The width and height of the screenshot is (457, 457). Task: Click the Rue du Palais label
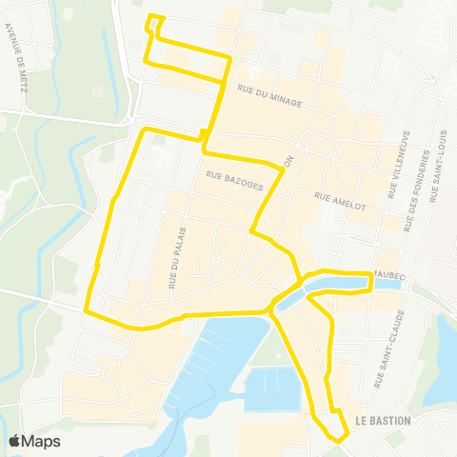click(176, 257)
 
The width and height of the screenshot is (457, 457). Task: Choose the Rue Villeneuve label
click(398, 164)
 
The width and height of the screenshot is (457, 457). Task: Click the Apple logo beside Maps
click(15, 441)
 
